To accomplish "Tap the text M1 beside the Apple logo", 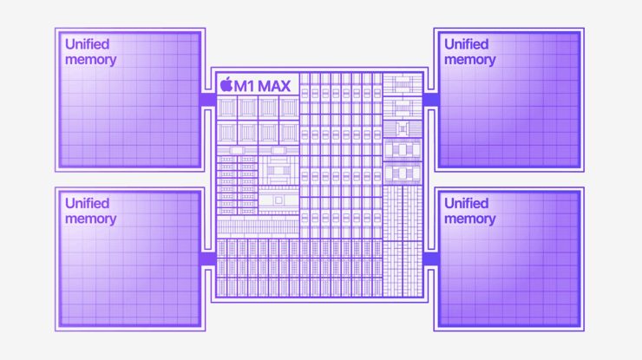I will pyautogui.click(x=246, y=85).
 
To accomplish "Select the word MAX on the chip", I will pyautogui.click(x=275, y=85).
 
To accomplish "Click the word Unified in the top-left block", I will pyautogui.click(x=88, y=44).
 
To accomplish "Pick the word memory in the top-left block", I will pyautogui.click(x=91, y=60).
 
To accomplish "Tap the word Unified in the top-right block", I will pyautogui.click(x=467, y=44).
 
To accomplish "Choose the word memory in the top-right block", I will pyautogui.click(x=470, y=60).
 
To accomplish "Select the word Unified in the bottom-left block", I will pyautogui.click(x=88, y=203).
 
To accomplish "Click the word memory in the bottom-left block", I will pyautogui.click(x=91, y=219).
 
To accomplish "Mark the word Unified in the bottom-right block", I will pyautogui.click(x=467, y=203).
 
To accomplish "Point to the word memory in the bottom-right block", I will pyautogui.click(x=470, y=219).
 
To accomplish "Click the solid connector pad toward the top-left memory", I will pyautogui.click(x=207, y=100).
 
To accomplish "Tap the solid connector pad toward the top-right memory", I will pyautogui.click(x=430, y=100).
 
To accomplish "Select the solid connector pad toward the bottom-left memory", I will pyautogui.click(x=207, y=259).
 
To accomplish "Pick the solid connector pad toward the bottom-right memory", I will pyautogui.click(x=430, y=259).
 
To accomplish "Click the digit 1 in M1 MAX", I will pyautogui.click(x=252, y=85).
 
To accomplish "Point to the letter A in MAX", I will pyautogui.click(x=275, y=85).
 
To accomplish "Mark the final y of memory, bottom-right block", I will pyautogui.click(x=492, y=220).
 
